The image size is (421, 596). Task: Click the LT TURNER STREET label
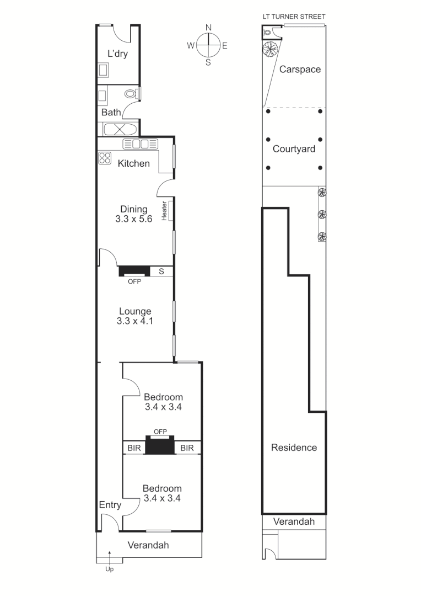[294, 17]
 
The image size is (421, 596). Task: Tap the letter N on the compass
[208, 28]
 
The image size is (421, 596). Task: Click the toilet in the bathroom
[132, 94]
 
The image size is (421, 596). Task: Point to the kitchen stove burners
[105, 158]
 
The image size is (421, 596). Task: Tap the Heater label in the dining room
[164, 210]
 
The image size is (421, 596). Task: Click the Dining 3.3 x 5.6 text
[134, 214]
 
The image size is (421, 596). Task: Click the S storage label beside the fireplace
[161, 272]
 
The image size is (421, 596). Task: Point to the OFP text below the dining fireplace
[134, 281]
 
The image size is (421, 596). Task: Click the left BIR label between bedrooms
[134, 448]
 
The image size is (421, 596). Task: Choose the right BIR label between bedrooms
[187, 448]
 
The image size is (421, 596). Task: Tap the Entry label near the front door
[110, 505]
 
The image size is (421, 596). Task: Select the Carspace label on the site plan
[300, 70]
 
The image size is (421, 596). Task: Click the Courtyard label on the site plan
[294, 149]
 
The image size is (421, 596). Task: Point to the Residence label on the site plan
[294, 448]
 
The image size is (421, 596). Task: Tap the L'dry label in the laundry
[117, 54]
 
